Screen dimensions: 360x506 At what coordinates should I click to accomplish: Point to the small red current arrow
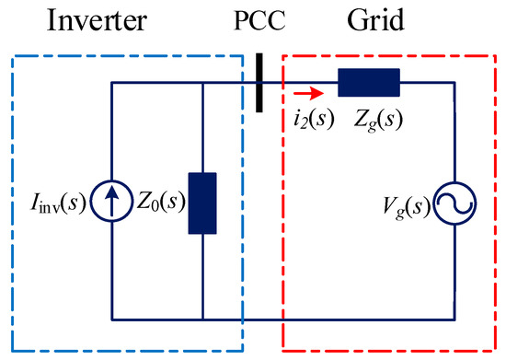click(x=309, y=92)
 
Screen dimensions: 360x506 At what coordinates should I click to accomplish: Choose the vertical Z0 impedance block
click(x=201, y=203)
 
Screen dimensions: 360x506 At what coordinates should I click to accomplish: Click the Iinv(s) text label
click(x=53, y=203)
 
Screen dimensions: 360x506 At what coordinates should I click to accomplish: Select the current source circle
click(x=110, y=203)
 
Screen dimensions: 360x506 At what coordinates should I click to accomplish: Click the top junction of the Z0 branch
click(x=201, y=84)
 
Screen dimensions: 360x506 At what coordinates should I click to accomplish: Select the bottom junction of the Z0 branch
click(x=201, y=319)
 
